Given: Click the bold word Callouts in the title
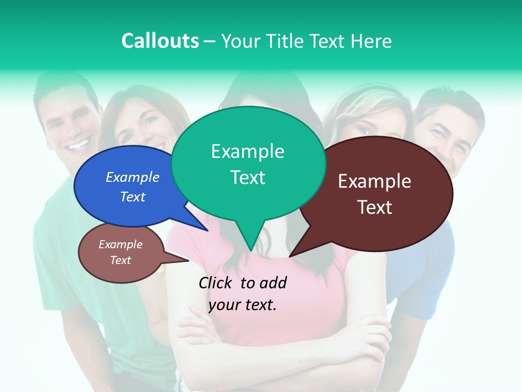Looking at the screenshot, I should click(x=160, y=41).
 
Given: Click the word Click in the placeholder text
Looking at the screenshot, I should click(x=216, y=283).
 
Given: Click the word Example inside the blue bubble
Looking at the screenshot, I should click(x=132, y=177).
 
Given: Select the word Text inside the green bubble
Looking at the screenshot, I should click(x=247, y=177).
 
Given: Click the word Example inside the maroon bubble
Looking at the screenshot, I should click(x=375, y=181).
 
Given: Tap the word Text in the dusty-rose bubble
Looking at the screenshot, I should click(x=120, y=260).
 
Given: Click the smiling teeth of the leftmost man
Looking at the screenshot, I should click(x=79, y=145).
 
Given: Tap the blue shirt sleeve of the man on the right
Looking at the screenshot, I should click(x=430, y=272).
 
